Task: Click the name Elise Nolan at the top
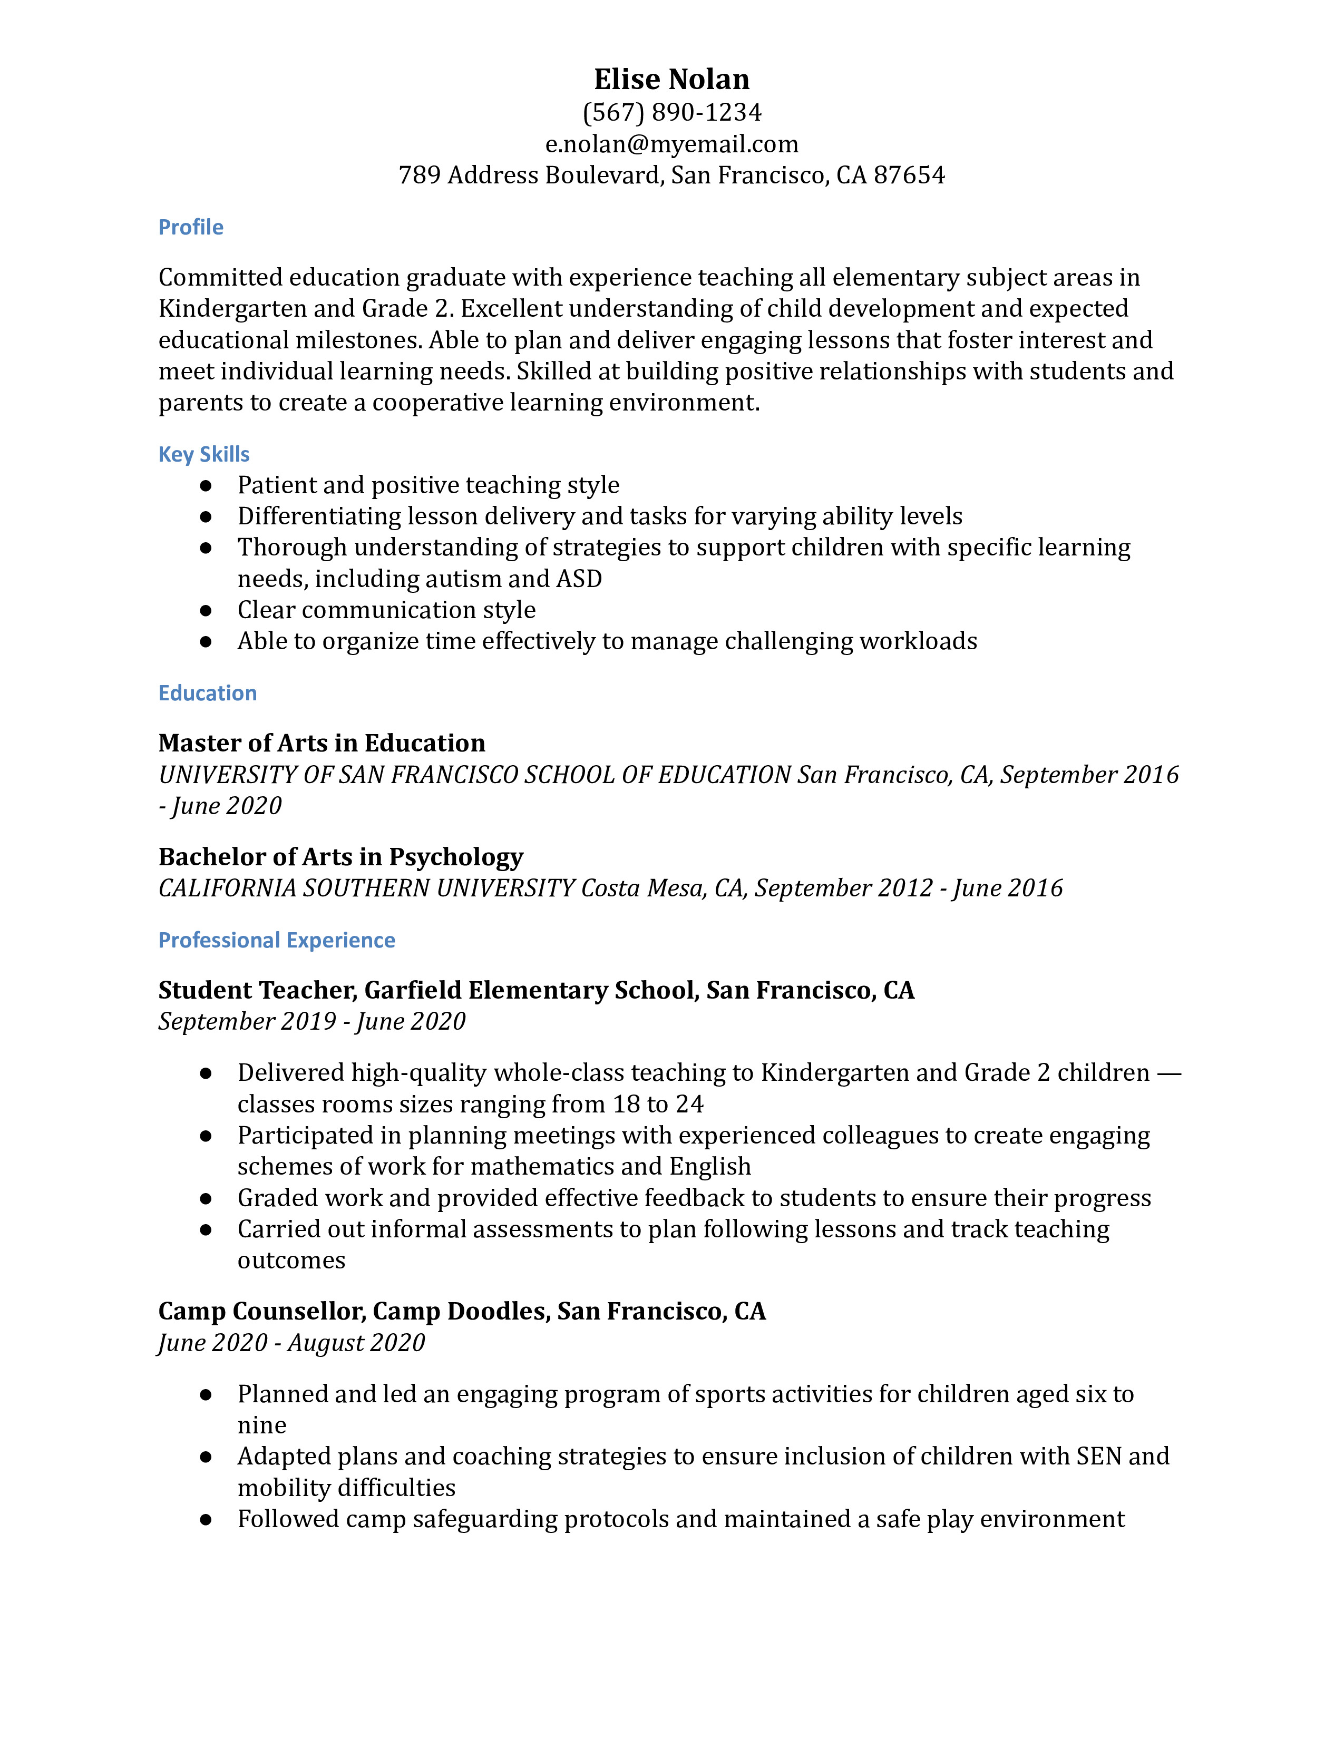point(671,79)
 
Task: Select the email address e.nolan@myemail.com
point(671,144)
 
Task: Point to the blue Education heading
point(207,693)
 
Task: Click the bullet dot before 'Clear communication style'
point(206,611)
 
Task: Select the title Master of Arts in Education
point(322,743)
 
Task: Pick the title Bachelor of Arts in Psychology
point(341,857)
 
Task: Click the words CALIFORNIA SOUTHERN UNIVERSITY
point(366,888)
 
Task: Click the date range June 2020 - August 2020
point(291,1343)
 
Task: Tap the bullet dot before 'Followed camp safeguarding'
point(206,1520)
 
